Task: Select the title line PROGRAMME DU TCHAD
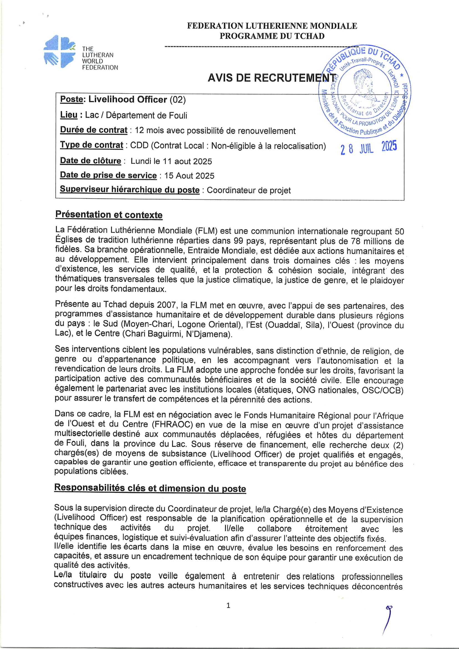point(272,36)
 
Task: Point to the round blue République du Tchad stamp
point(365,91)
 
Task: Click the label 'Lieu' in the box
point(69,115)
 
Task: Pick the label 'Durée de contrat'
point(94,130)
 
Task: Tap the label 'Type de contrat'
point(92,145)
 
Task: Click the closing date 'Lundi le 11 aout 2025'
point(171,161)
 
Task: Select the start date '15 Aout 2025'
point(189,176)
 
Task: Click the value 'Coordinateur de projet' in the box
point(249,190)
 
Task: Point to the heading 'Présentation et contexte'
point(109,214)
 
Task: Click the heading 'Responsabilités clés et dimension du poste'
point(150,488)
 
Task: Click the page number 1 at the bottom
point(228,605)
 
